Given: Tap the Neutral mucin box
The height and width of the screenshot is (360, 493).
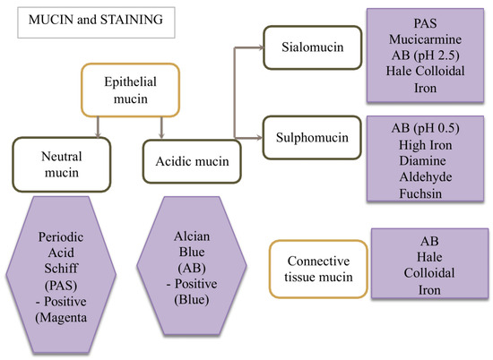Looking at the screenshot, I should pos(55,160).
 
